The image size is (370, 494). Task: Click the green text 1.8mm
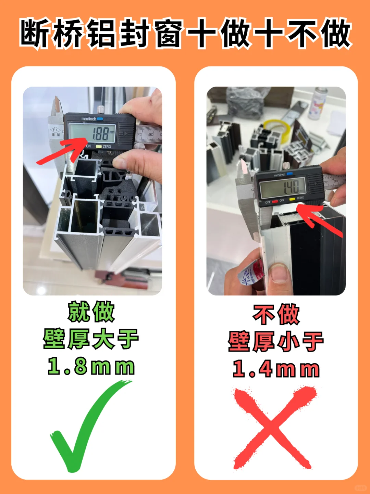(x=91, y=366)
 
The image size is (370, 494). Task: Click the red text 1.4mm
(x=276, y=369)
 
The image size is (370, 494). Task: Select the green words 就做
(x=91, y=312)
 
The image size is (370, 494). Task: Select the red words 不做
(x=276, y=314)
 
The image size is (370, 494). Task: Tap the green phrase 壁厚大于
(x=91, y=339)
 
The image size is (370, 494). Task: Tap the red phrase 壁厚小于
(x=276, y=342)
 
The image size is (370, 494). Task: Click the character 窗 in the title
(x=168, y=34)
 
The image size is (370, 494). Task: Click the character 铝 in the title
(x=101, y=34)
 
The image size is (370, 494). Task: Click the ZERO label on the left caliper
(x=107, y=147)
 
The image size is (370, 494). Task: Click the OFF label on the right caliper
(x=268, y=202)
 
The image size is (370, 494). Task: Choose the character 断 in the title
(x=34, y=34)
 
